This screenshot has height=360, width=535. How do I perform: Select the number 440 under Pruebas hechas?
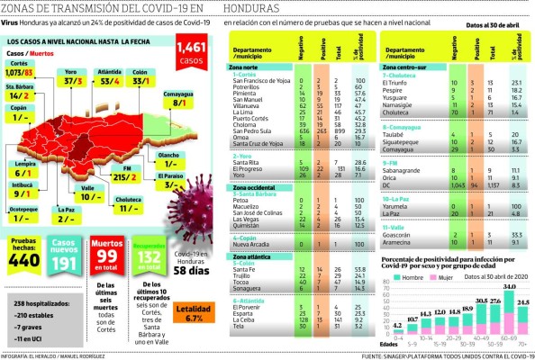(23, 261)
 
